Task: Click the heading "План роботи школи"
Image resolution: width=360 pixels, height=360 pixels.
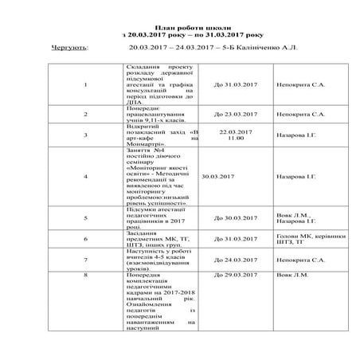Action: point(180,27)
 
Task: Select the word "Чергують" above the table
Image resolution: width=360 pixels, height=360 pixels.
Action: point(69,47)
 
